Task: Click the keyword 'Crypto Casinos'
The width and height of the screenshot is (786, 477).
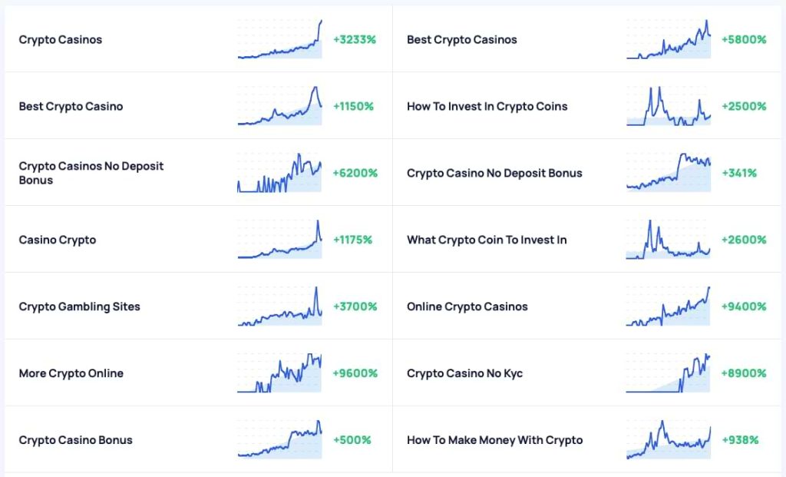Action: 61,40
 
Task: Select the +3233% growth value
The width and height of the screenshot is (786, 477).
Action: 354,40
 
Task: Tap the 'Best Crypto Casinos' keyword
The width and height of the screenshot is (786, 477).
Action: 461,40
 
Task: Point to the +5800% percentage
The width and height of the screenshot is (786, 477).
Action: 743,40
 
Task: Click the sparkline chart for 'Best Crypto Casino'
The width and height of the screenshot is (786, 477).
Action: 280,107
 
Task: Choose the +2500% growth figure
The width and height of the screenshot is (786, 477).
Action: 743,107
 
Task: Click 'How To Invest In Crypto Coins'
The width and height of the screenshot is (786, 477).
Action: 487,107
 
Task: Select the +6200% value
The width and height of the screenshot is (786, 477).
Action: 355,174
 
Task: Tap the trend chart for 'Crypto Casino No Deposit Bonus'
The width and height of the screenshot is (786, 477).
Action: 669,174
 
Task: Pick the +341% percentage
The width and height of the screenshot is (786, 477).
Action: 738,174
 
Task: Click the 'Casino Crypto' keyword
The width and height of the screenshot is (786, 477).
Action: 58,240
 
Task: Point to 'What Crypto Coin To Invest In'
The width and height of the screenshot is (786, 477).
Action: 487,240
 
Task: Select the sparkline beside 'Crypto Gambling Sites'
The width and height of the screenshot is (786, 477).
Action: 280,307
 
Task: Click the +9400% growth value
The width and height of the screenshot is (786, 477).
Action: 743,307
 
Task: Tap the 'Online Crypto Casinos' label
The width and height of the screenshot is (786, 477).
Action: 467,307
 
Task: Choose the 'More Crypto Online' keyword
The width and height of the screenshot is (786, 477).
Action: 71,374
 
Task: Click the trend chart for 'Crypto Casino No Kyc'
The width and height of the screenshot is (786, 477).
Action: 669,374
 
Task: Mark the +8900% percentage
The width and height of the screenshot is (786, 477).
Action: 743,374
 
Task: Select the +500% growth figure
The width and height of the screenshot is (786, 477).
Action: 352,441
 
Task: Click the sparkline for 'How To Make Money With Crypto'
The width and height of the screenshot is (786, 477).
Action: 669,441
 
